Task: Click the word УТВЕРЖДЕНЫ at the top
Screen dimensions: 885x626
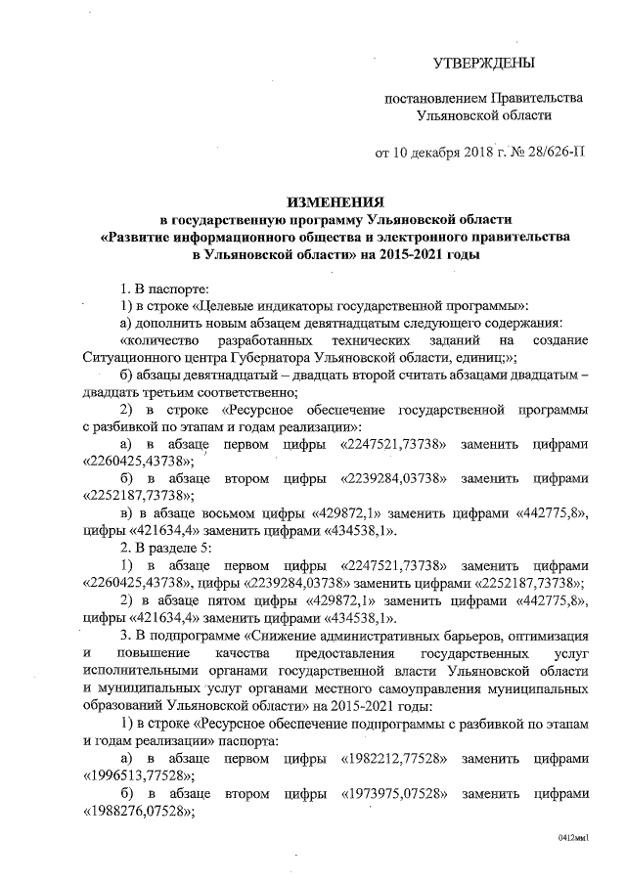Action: pyautogui.click(x=485, y=65)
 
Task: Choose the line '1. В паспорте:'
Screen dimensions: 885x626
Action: pyautogui.click(x=162, y=288)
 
